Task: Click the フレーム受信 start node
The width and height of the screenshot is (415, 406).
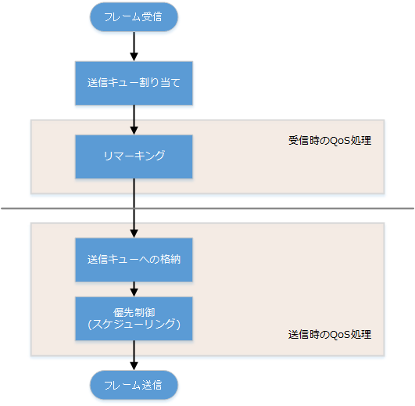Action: click(134, 16)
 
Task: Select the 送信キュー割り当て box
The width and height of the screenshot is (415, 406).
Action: click(134, 82)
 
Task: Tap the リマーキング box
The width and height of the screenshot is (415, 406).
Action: click(134, 156)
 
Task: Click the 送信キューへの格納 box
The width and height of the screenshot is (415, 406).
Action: click(134, 259)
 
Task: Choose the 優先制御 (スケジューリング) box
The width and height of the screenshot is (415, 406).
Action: click(134, 318)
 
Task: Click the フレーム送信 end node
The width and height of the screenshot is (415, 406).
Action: click(134, 384)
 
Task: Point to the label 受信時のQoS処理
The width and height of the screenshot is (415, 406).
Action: click(329, 142)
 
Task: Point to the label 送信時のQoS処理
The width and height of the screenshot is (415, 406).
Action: click(329, 333)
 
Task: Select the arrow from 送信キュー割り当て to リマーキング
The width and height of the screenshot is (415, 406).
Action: click(134, 119)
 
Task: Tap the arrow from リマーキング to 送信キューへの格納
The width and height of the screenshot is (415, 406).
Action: click(134, 207)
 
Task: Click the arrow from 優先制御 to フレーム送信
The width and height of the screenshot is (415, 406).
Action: click(134, 354)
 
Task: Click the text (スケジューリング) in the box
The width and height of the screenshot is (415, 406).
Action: click(134, 324)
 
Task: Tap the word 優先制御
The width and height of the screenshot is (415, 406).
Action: click(134, 311)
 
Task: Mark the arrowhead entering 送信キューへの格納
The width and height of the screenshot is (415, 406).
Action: click(134, 233)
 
